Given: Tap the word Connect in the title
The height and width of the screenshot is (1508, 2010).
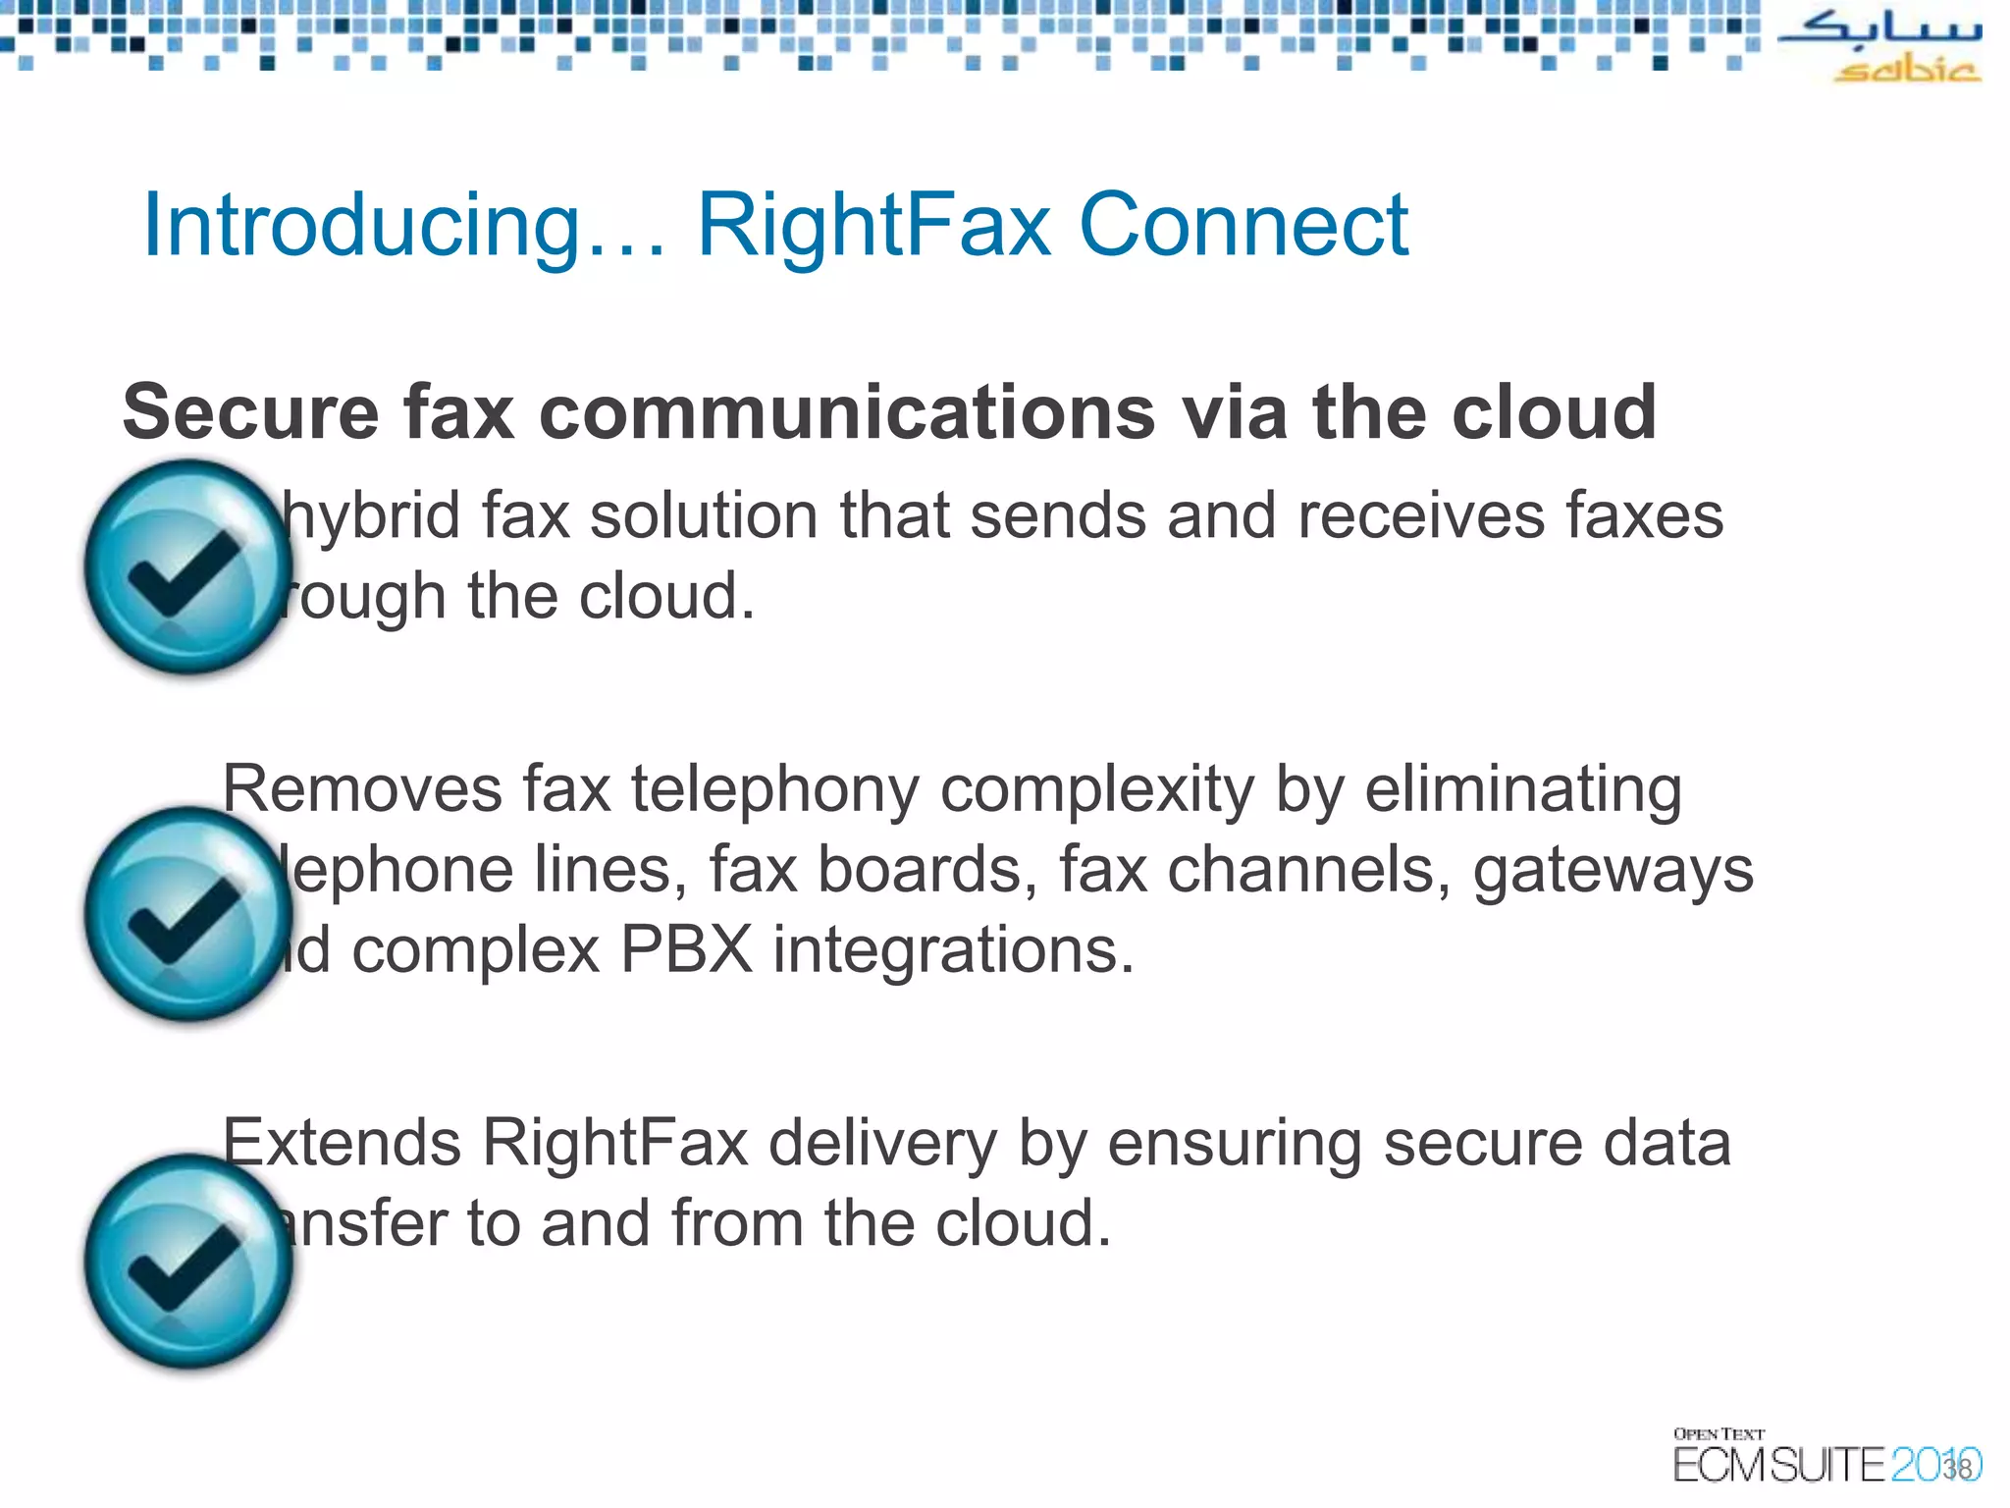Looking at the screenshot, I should coord(1243,226).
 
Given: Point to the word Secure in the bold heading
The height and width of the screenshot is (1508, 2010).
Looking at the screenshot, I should coord(250,412).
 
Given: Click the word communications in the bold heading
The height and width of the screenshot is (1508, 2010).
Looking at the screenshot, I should coord(848,412).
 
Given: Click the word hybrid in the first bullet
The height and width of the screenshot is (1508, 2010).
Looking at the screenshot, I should coord(373,516).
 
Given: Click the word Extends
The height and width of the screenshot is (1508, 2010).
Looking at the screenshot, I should coord(342,1143).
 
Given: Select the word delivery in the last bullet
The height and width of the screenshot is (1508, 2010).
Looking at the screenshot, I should coord(881,1145).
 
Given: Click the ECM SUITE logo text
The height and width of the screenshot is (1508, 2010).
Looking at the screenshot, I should coord(1778,1466).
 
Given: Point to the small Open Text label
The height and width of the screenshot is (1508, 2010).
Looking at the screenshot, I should coord(1719,1434).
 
